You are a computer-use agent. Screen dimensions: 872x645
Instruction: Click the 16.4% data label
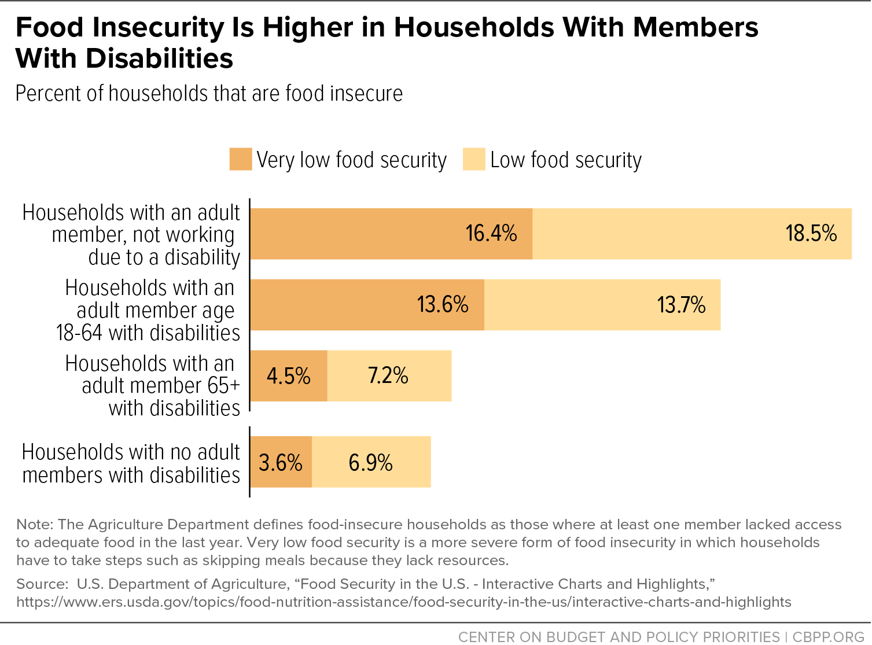pos(491,233)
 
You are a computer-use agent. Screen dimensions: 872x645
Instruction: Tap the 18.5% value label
pos(811,233)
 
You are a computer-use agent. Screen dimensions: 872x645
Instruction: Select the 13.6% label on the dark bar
pos(443,305)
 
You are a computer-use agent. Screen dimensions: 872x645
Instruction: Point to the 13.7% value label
pos(681,305)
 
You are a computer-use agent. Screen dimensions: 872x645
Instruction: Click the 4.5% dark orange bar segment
pos(289,376)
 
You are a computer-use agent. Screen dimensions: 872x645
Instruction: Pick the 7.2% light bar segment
pos(389,376)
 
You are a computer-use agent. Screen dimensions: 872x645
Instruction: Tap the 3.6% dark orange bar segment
pos(281,462)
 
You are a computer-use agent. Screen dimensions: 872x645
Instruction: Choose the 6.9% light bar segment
pos(371,462)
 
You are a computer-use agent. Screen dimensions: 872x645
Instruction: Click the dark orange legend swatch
pos(241,159)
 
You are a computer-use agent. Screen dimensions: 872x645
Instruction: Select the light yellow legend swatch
pos(474,159)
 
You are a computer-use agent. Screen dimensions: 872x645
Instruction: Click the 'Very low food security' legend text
pos(352,160)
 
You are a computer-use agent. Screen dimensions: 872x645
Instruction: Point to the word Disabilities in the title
pos(160,58)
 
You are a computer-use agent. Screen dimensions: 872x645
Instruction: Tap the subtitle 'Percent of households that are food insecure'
pos(209,94)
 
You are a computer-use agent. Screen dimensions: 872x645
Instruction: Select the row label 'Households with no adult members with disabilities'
pos(131,463)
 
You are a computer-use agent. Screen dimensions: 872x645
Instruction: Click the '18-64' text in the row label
pos(79,333)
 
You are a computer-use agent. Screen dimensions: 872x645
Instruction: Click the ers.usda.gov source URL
pos(404,602)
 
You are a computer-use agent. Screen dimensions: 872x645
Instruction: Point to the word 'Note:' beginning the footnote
pos(35,524)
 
